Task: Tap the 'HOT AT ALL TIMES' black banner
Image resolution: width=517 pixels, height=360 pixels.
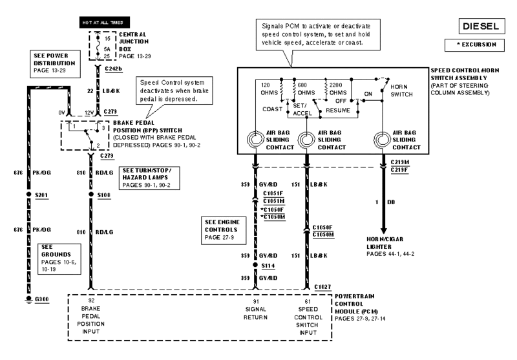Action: [96, 22]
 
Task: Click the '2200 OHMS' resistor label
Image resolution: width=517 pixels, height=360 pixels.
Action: [342, 88]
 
